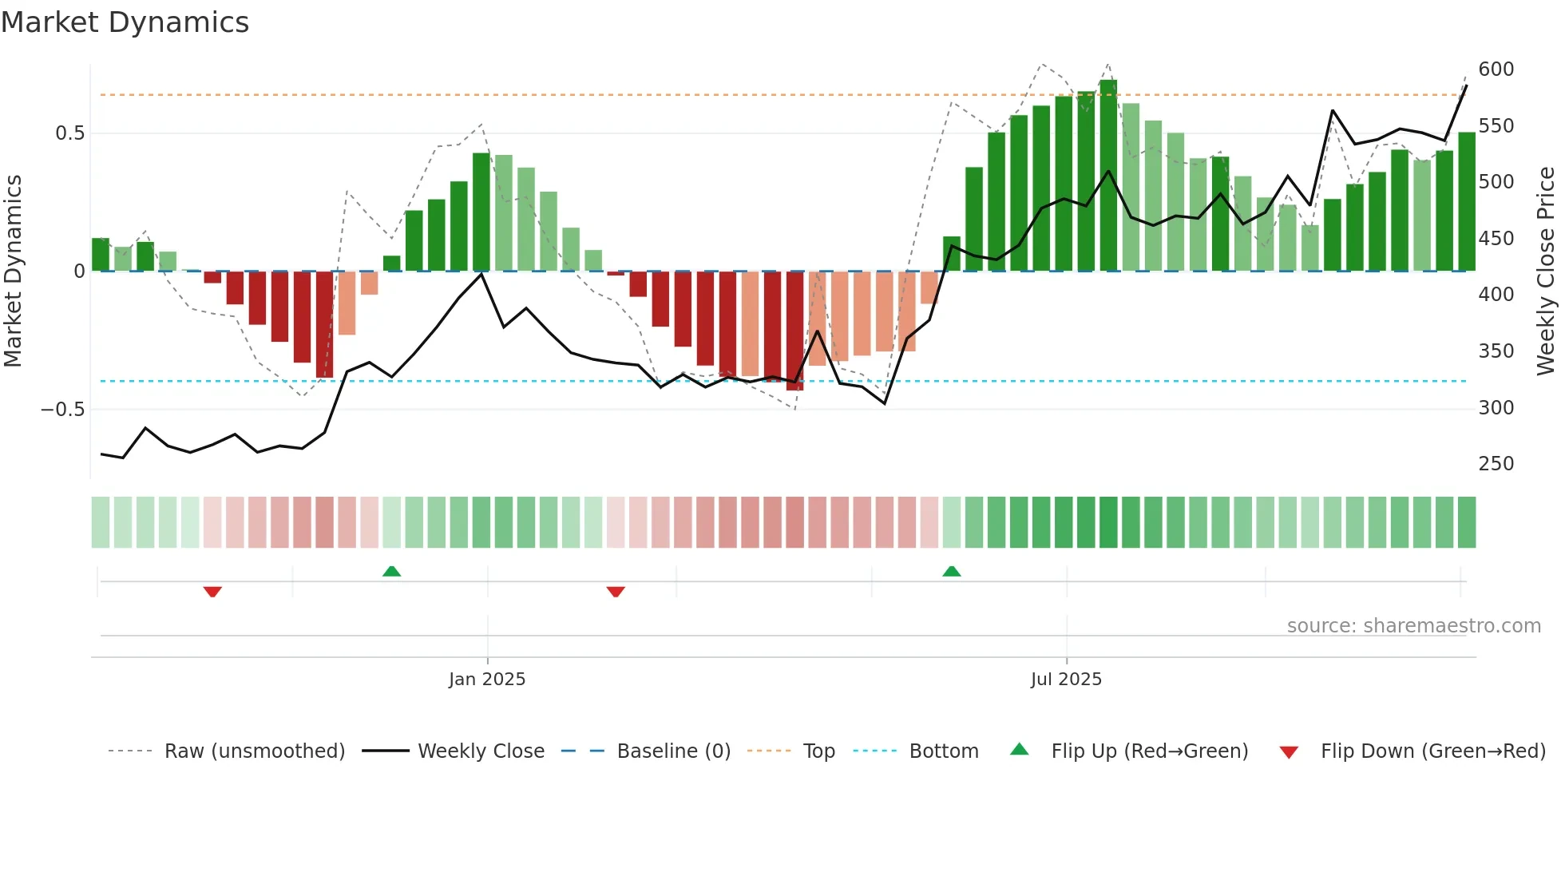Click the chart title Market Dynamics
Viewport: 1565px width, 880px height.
click(125, 22)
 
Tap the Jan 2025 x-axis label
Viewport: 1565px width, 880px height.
click(487, 680)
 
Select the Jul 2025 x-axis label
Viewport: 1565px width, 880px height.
click(1066, 680)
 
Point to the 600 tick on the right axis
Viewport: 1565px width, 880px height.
click(1496, 69)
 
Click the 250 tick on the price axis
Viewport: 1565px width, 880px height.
click(1496, 464)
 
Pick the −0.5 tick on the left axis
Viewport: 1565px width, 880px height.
click(62, 410)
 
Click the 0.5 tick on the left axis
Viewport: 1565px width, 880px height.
click(69, 133)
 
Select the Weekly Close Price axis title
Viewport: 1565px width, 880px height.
click(1546, 272)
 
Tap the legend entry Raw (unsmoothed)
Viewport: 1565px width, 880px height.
click(254, 751)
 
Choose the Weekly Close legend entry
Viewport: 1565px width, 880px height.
click(481, 751)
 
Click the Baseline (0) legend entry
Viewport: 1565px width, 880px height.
click(673, 751)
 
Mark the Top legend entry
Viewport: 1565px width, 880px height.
click(818, 751)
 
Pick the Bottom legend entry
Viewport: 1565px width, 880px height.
click(943, 751)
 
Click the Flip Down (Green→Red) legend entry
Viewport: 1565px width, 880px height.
click(1432, 751)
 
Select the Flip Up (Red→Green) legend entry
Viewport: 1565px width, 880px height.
click(1149, 751)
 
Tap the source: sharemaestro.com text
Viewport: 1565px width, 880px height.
click(1413, 626)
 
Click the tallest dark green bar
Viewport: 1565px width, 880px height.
click(1108, 176)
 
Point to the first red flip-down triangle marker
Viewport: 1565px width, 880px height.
click(212, 592)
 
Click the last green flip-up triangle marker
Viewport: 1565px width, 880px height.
click(951, 571)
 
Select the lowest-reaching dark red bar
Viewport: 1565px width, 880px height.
click(794, 331)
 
